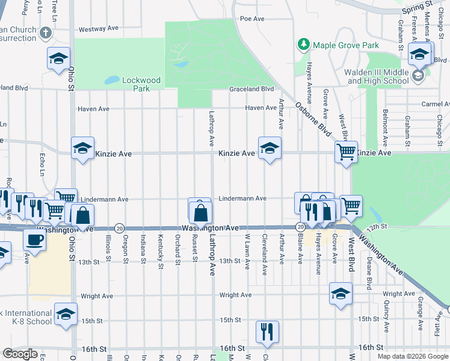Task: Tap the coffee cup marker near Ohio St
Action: [34, 240]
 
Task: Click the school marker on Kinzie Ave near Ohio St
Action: [82, 149]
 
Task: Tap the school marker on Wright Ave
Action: [341, 294]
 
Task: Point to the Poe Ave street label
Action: [252, 19]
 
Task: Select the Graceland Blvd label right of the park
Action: [251, 89]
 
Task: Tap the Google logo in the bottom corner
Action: [20, 354]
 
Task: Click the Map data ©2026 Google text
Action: [413, 356]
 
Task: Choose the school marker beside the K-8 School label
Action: [66, 314]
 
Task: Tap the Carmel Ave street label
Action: [435, 103]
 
